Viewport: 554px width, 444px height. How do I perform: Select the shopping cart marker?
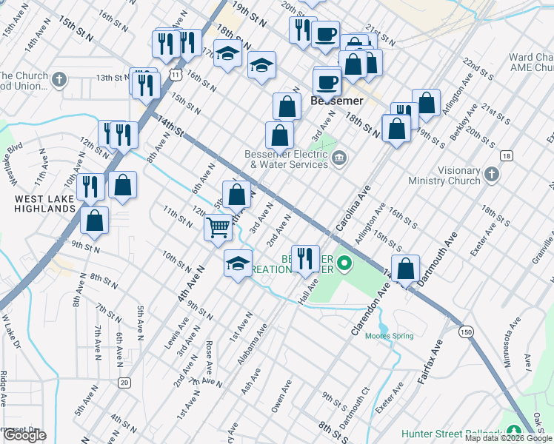tap(218, 227)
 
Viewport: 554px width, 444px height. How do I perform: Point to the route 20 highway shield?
tap(124, 382)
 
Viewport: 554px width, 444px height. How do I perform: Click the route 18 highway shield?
tap(506, 155)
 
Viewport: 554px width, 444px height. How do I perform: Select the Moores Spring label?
tap(389, 335)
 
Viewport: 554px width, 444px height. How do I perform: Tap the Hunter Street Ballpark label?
tap(452, 434)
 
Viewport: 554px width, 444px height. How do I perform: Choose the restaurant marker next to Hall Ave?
tap(305, 259)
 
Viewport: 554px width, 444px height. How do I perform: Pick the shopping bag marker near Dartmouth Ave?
tap(406, 269)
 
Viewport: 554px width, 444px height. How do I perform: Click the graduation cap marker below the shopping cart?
tap(238, 264)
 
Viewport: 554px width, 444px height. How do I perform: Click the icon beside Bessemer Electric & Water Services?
tap(339, 157)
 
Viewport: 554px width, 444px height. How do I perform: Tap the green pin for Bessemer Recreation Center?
tap(344, 262)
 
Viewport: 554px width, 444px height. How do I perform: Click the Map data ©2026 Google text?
tap(508, 438)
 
